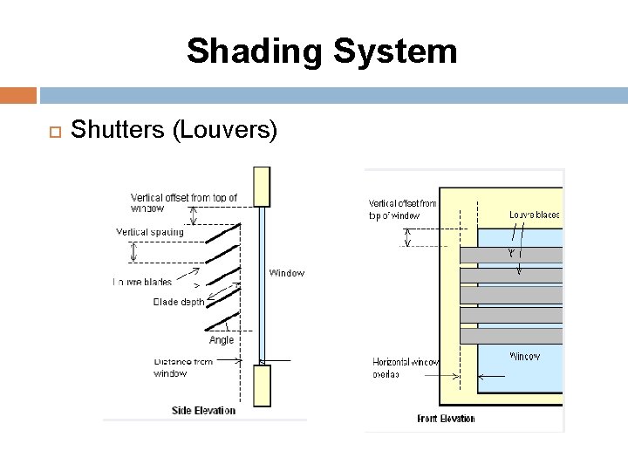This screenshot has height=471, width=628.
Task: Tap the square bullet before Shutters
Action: (51, 132)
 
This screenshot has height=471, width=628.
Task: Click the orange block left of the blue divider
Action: (18, 95)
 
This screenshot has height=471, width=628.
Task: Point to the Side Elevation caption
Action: (204, 411)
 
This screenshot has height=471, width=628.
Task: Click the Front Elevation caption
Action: (446, 418)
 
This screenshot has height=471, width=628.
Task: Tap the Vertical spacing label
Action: (150, 232)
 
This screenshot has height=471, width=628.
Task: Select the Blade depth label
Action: (179, 303)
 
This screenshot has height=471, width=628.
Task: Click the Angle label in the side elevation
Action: (222, 340)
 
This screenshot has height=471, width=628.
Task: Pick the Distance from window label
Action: (183, 367)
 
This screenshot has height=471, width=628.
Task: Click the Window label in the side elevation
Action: (286, 273)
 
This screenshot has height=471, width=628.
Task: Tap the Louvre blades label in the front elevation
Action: (534, 215)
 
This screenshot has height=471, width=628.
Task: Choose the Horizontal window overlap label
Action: (406, 368)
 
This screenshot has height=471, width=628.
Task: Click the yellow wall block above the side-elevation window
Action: (261, 187)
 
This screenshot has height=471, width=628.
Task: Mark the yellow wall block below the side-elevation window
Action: (261, 385)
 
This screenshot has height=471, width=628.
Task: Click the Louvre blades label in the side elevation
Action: (143, 282)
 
